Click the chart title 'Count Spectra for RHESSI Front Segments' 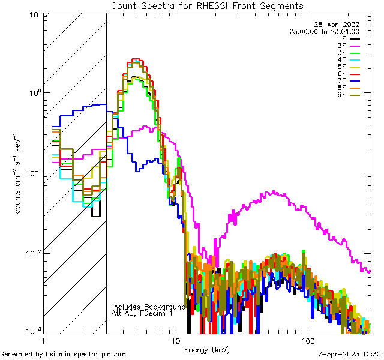207,5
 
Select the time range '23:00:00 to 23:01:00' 325,31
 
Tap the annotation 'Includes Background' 149,307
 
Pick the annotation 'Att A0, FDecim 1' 142,313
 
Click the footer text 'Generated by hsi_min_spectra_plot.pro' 63,355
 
